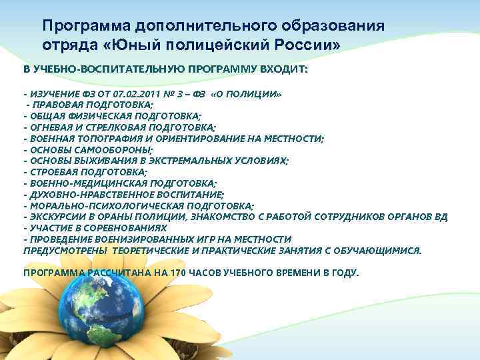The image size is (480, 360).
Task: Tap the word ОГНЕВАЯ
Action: click(51, 127)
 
